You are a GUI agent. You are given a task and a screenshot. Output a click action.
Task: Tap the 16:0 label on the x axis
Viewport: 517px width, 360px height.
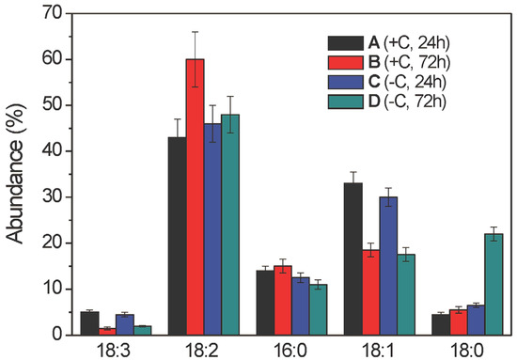click(x=295, y=348)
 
